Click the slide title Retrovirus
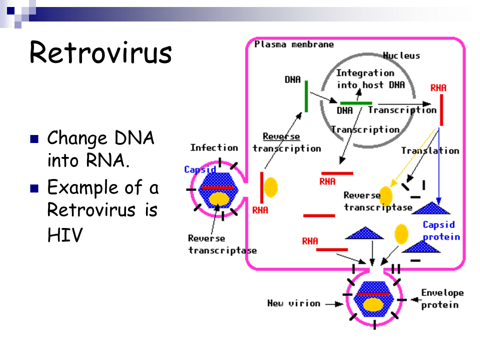click(100, 52)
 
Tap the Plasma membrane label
click(294, 44)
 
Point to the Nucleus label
click(401, 55)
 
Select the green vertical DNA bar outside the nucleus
click(305, 96)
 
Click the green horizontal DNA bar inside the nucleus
click(356, 103)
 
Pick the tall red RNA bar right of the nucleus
click(441, 109)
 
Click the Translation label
click(430, 150)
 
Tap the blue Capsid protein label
click(441, 230)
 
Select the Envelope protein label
click(442, 298)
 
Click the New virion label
click(293, 303)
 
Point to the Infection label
click(214, 147)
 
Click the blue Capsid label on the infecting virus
click(199, 169)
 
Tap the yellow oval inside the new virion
click(373, 304)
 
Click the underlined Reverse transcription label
click(286, 142)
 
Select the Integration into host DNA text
click(370, 79)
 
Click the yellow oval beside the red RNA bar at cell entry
click(270, 187)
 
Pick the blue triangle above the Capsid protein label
click(429, 207)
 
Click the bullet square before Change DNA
click(34, 138)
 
